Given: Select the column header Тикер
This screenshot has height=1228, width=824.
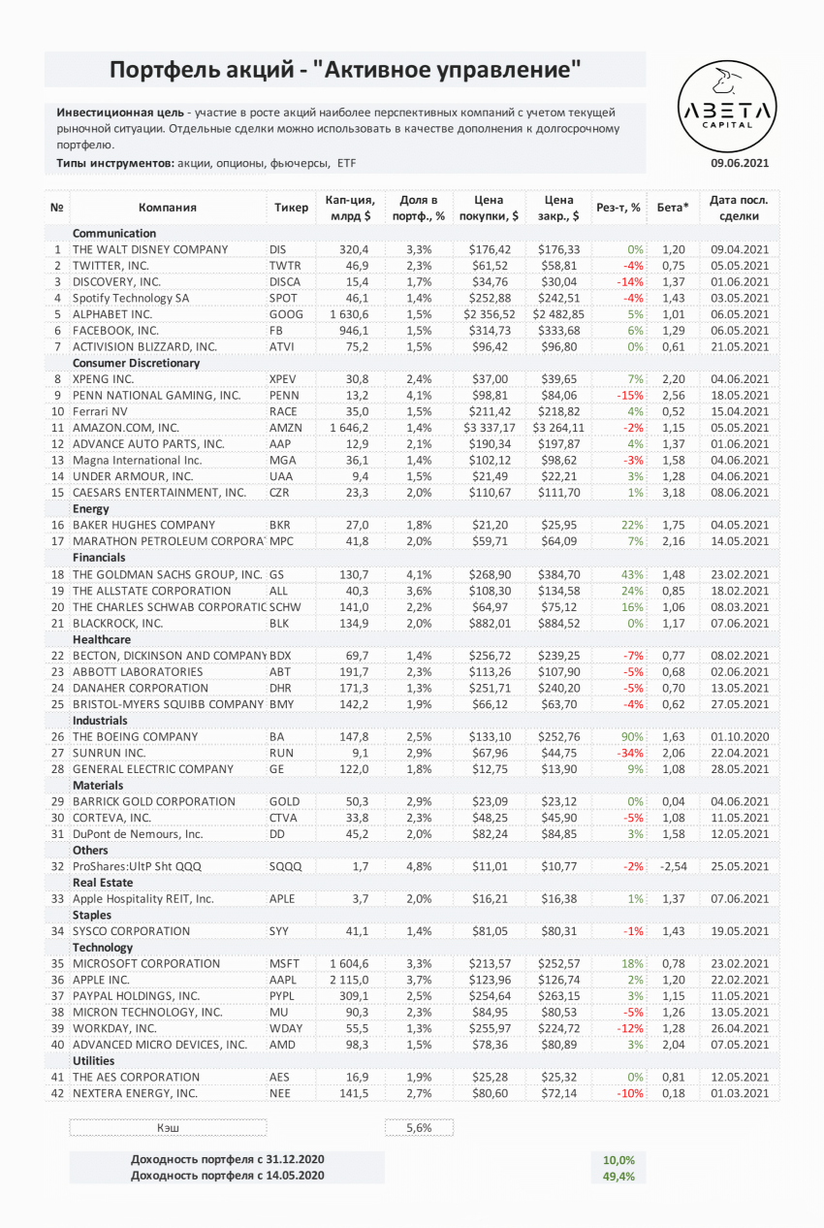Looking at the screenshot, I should point(291,207).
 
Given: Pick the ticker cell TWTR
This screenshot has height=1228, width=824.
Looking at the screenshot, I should point(284,266).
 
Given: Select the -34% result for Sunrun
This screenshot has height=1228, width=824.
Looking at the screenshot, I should point(630,753).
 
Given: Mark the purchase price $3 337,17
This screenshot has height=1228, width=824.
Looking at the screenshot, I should point(489,428).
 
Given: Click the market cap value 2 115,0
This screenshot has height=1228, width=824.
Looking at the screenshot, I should point(349,981).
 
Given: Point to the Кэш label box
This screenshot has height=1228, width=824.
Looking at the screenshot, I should point(168,1128).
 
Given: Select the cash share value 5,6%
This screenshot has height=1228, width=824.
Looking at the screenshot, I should point(419,1128).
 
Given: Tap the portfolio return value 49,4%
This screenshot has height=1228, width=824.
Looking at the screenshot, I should point(618,1177).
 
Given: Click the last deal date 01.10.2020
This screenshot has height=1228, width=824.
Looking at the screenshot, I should point(739,737).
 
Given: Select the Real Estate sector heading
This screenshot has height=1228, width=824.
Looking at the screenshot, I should point(103,884).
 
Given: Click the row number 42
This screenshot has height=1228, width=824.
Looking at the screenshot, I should point(57,1094).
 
